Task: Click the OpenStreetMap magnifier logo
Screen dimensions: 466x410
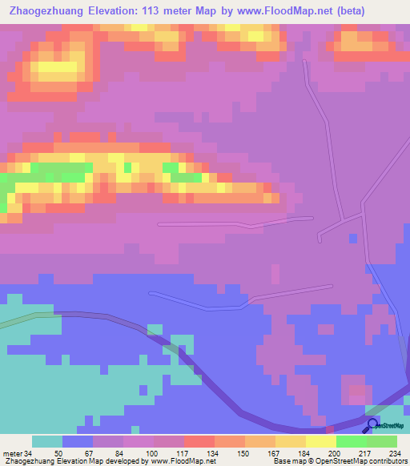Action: click(372, 425)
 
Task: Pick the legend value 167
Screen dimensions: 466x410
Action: click(250, 452)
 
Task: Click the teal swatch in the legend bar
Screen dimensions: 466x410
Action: click(47, 441)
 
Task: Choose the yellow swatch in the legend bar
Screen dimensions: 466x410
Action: click(320, 441)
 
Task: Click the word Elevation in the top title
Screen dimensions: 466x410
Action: click(117, 11)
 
